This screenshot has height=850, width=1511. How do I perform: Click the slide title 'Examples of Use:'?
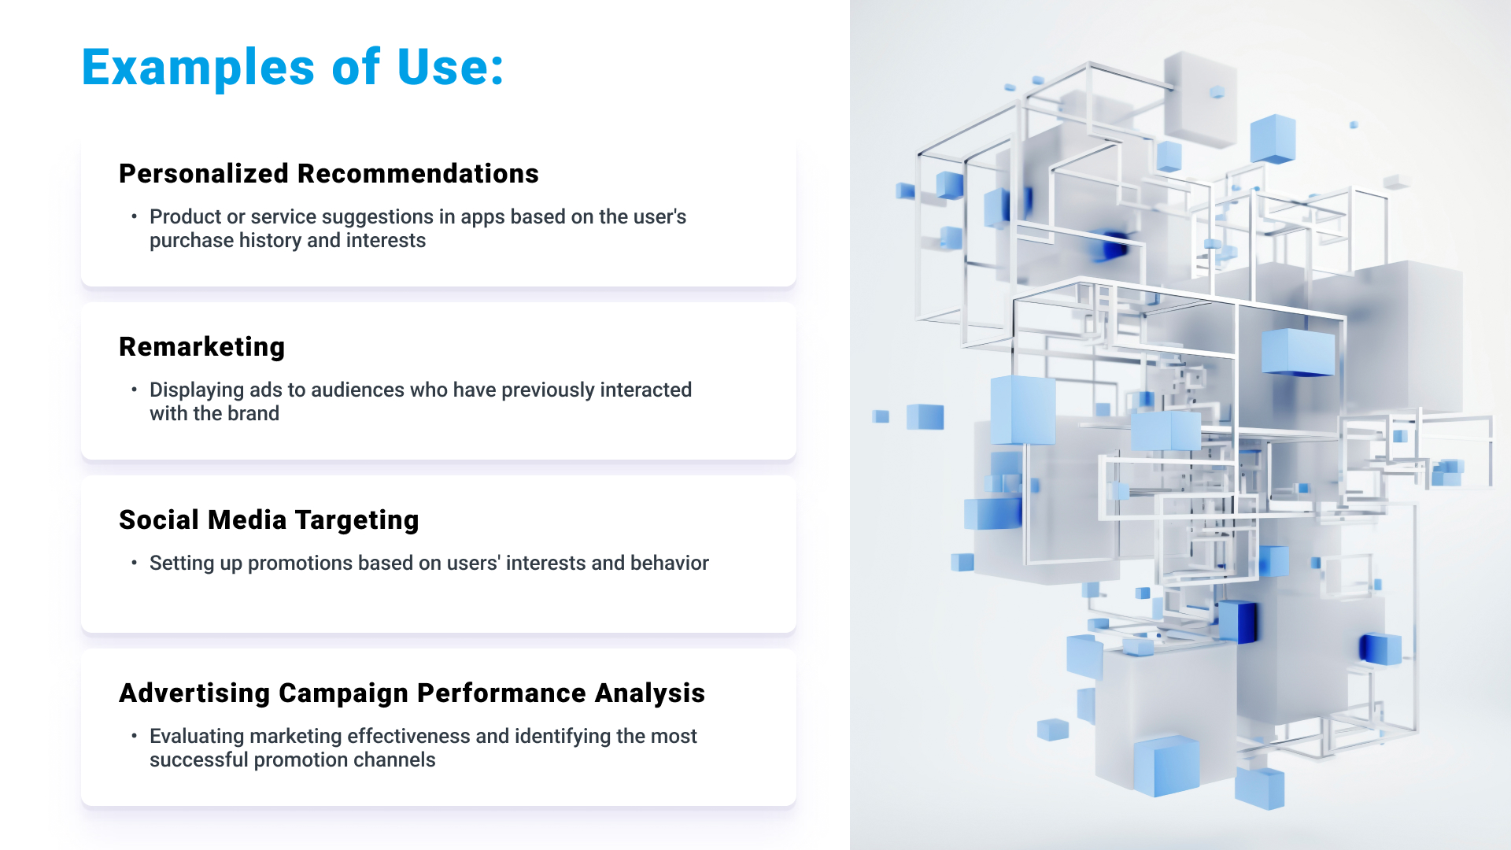(x=293, y=67)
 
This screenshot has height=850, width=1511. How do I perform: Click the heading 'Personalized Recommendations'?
(x=329, y=173)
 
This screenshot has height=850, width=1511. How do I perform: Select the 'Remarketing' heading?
(x=202, y=347)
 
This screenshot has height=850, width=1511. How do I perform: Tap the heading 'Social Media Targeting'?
(x=269, y=520)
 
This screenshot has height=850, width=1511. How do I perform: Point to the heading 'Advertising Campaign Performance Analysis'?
(x=412, y=693)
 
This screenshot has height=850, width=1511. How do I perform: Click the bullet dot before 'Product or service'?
(x=135, y=216)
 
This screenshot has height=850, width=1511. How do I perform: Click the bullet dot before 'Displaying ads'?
(x=135, y=389)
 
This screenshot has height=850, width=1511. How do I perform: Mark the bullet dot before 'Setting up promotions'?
(x=135, y=562)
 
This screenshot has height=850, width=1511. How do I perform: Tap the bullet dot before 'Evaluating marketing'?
(x=135, y=735)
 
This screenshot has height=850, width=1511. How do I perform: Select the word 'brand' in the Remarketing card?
(x=253, y=413)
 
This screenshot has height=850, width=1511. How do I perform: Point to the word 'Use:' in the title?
(x=450, y=67)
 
